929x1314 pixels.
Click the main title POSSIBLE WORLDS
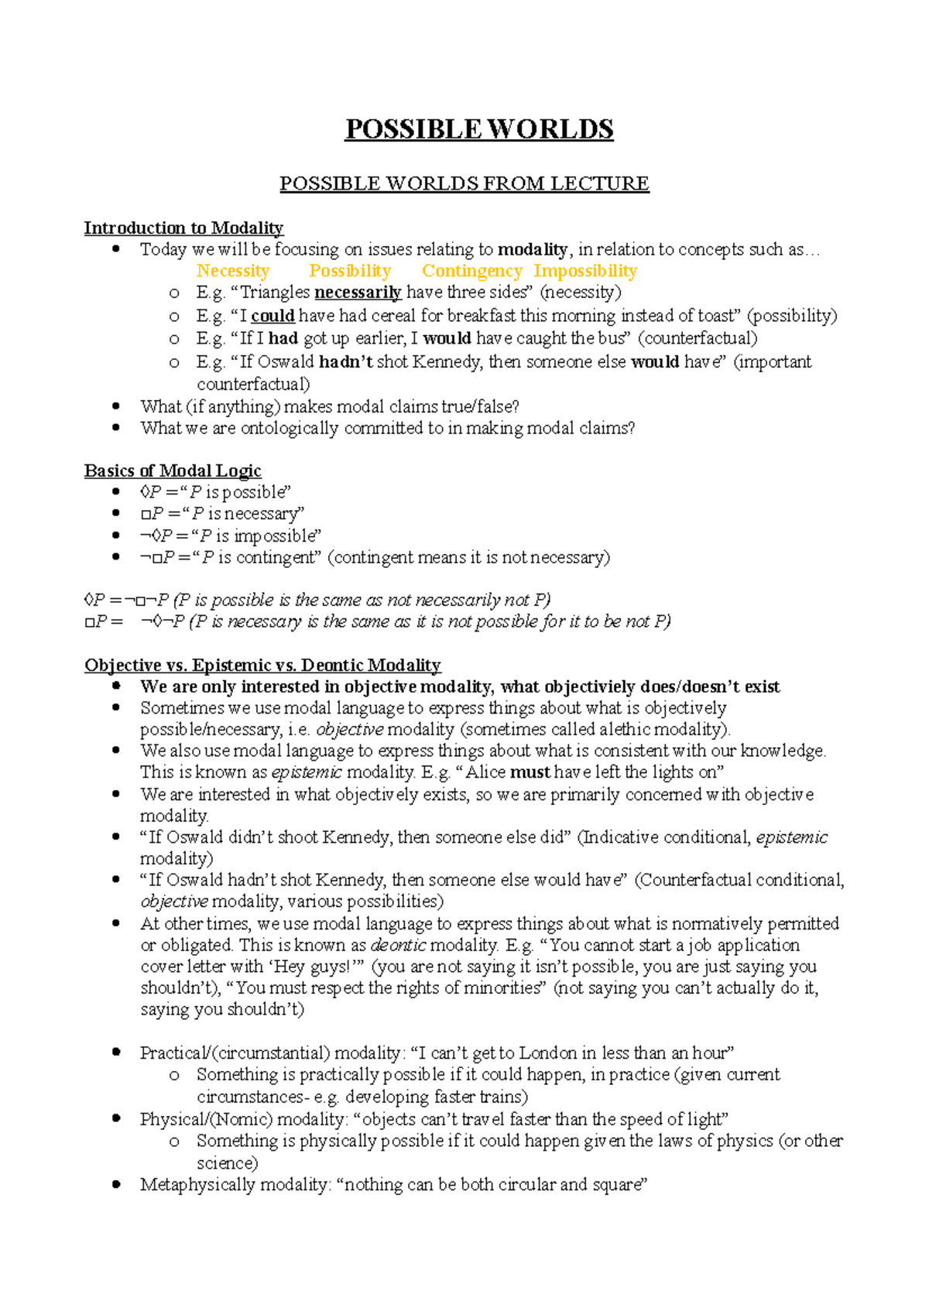coord(479,129)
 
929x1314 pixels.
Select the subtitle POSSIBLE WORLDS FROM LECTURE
coord(464,183)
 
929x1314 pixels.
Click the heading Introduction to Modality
coord(183,228)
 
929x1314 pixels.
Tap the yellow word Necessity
coord(232,271)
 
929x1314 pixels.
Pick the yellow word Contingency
coord(471,271)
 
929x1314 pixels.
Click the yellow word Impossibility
coord(584,271)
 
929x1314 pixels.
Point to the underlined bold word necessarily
coord(358,293)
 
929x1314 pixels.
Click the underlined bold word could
coord(273,316)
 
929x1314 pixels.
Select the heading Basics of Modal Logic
coord(173,471)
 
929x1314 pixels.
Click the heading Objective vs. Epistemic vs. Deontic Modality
coord(262,665)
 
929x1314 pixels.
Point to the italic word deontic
coord(398,945)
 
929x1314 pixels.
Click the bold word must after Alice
coord(530,772)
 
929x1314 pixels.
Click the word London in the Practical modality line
coord(547,1052)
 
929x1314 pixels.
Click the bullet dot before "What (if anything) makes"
coord(116,405)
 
